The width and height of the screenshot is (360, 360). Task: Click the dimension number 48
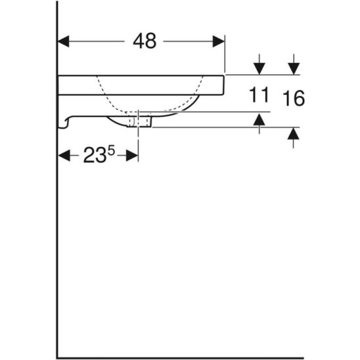pyautogui.click(x=145, y=41)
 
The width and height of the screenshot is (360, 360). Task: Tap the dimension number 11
pyautogui.click(x=259, y=95)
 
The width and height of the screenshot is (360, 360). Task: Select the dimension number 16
pyautogui.click(x=294, y=98)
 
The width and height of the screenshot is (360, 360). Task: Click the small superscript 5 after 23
pyautogui.click(x=111, y=151)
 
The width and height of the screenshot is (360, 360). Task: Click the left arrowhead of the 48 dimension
pyautogui.click(x=64, y=41)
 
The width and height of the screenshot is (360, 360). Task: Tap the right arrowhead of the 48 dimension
pyautogui.click(x=218, y=41)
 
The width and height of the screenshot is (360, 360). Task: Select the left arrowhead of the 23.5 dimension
pyautogui.click(x=64, y=156)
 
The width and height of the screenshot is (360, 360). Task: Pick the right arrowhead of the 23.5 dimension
pyautogui.click(x=132, y=156)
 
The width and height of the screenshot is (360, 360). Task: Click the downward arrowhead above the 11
pyautogui.click(x=259, y=68)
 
